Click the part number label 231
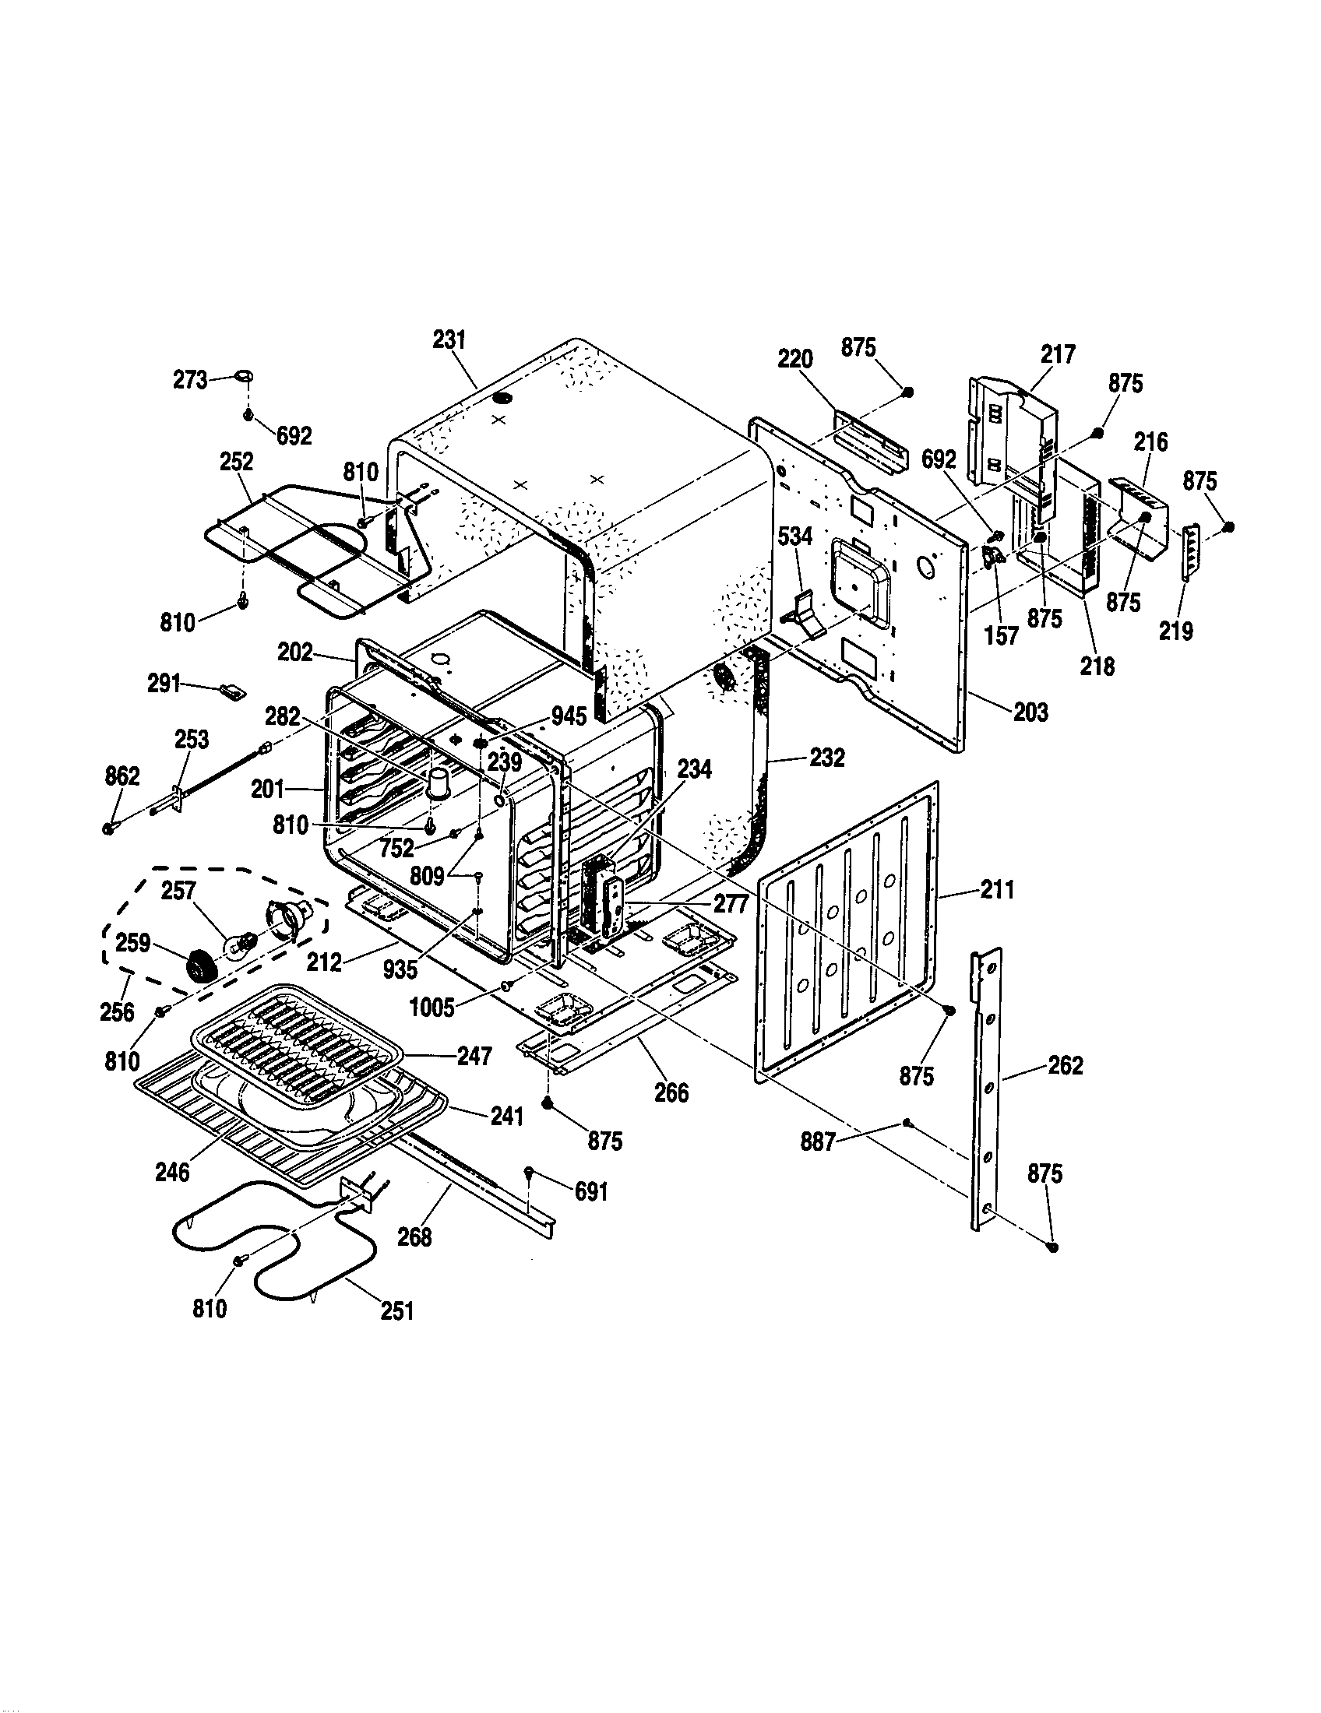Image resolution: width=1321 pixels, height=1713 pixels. click(449, 339)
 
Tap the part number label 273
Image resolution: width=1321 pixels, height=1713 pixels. click(190, 380)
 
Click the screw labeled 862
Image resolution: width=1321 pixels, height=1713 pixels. click(110, 828)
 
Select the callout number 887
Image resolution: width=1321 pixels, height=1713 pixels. click(817, 1143)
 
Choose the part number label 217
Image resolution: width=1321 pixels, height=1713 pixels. click(1059, 354)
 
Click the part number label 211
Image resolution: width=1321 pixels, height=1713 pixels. click(996, 889)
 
